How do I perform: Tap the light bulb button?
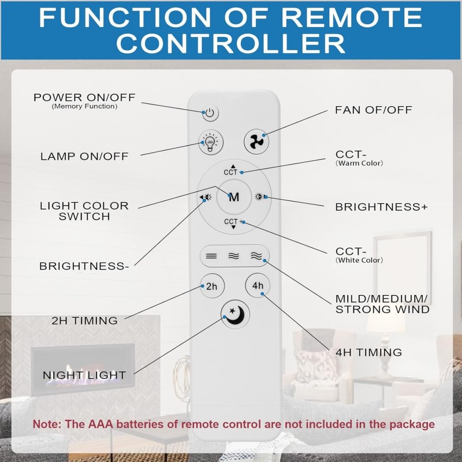coord(210,142)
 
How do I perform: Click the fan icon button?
coord(256,141)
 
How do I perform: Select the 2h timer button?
coord(212,286)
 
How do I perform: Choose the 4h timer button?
coord(258,285)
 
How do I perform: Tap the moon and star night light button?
coord(235,314)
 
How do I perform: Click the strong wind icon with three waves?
coord(256,256)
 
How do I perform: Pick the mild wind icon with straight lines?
coord(211,256)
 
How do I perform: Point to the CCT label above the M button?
coord(230,172)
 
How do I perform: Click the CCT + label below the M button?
coord(233,222)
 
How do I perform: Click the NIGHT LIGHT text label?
coord(84,375)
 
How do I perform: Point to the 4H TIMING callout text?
coord(368,352)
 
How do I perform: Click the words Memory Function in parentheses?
coord(84,106)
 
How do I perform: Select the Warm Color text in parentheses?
coord(359,163)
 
